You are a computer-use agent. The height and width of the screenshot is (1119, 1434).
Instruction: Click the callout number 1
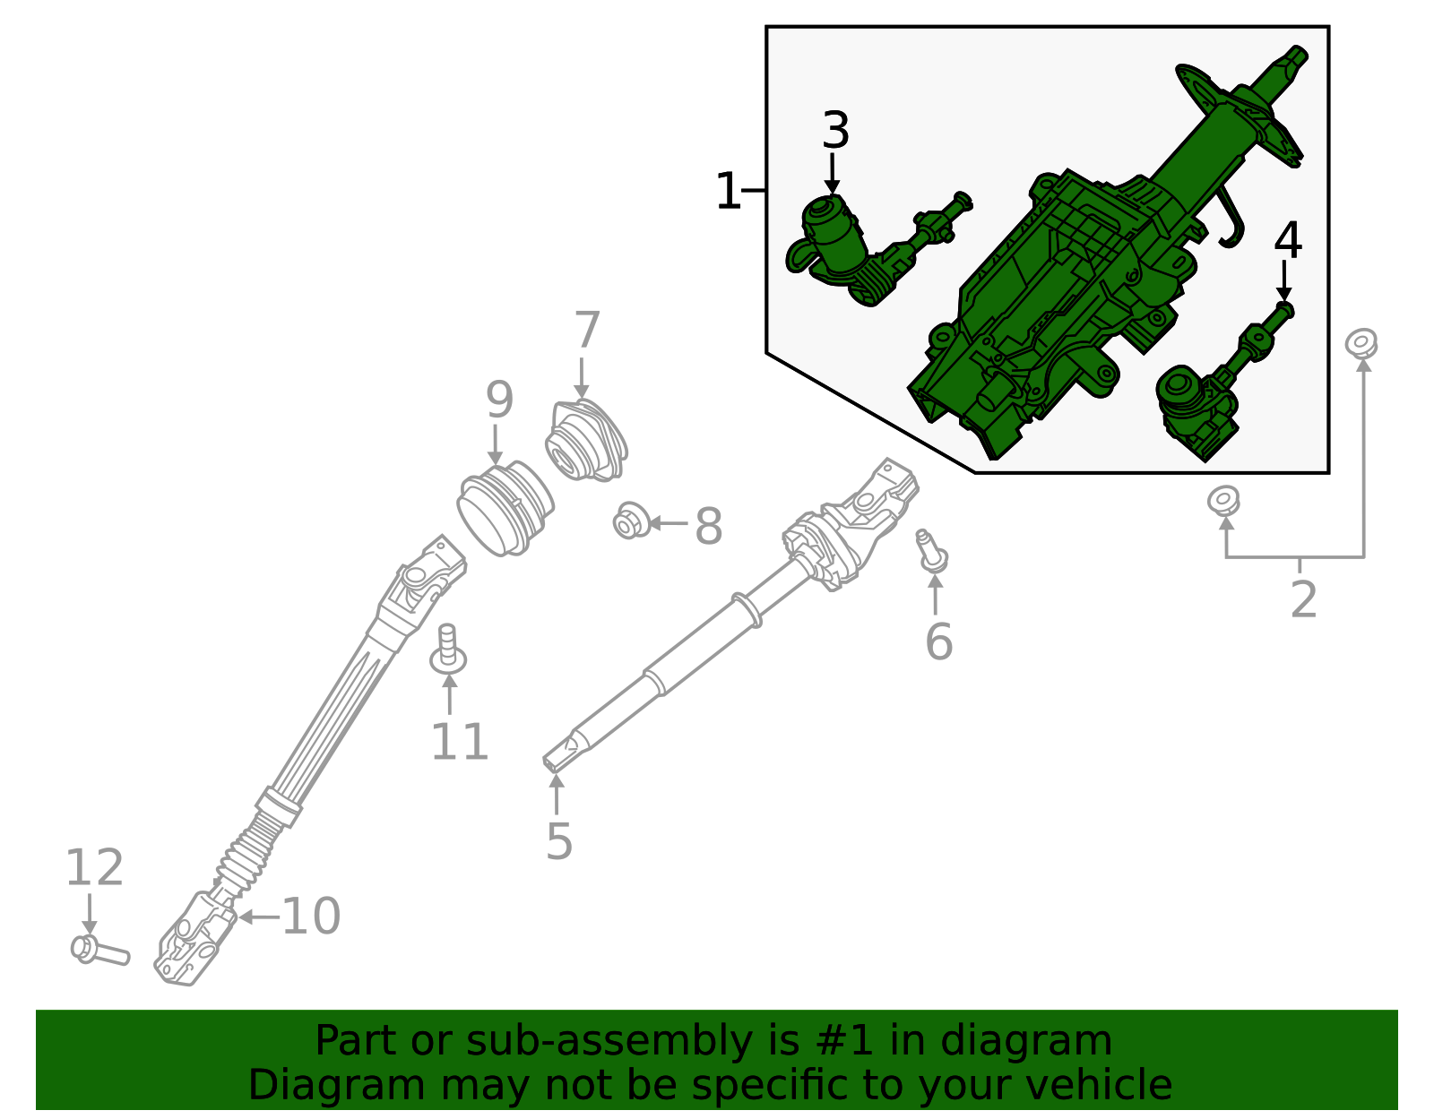point(728,192)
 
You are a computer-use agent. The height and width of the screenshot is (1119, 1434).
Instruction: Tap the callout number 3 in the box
point(835,132)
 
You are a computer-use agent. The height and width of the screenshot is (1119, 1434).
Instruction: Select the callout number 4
point(1288,240)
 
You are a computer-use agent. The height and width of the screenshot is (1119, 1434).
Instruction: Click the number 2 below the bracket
point(1303,599)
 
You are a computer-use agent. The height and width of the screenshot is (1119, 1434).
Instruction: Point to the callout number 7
point(587,331)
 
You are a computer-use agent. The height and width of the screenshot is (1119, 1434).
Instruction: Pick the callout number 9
point(499,400)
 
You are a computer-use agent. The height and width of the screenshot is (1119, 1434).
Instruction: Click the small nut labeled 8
point(631,521)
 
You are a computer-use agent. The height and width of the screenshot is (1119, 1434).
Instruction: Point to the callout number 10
point(311,916)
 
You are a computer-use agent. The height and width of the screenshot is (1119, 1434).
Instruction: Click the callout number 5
point(558,841)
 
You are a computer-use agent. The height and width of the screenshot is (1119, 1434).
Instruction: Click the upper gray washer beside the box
point(1361,342)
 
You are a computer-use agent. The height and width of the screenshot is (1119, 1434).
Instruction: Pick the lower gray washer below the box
point(1223,499)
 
